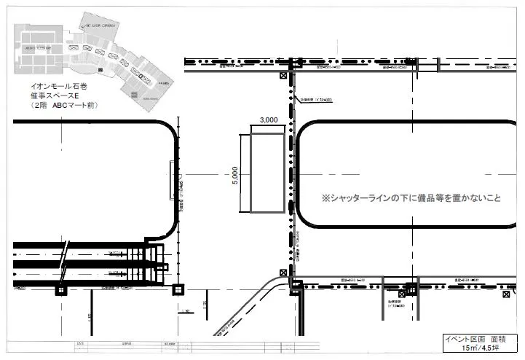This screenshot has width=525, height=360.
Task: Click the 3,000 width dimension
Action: pyautogui.click(x=268, y=120)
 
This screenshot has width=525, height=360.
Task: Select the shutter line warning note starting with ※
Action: pyautogui.click(x=411, y=198)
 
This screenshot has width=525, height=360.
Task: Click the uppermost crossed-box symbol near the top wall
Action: pyautogui.click(x=283, y=76)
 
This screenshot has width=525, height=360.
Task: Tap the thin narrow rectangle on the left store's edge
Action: pyautogui.click(x=171, y=179)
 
